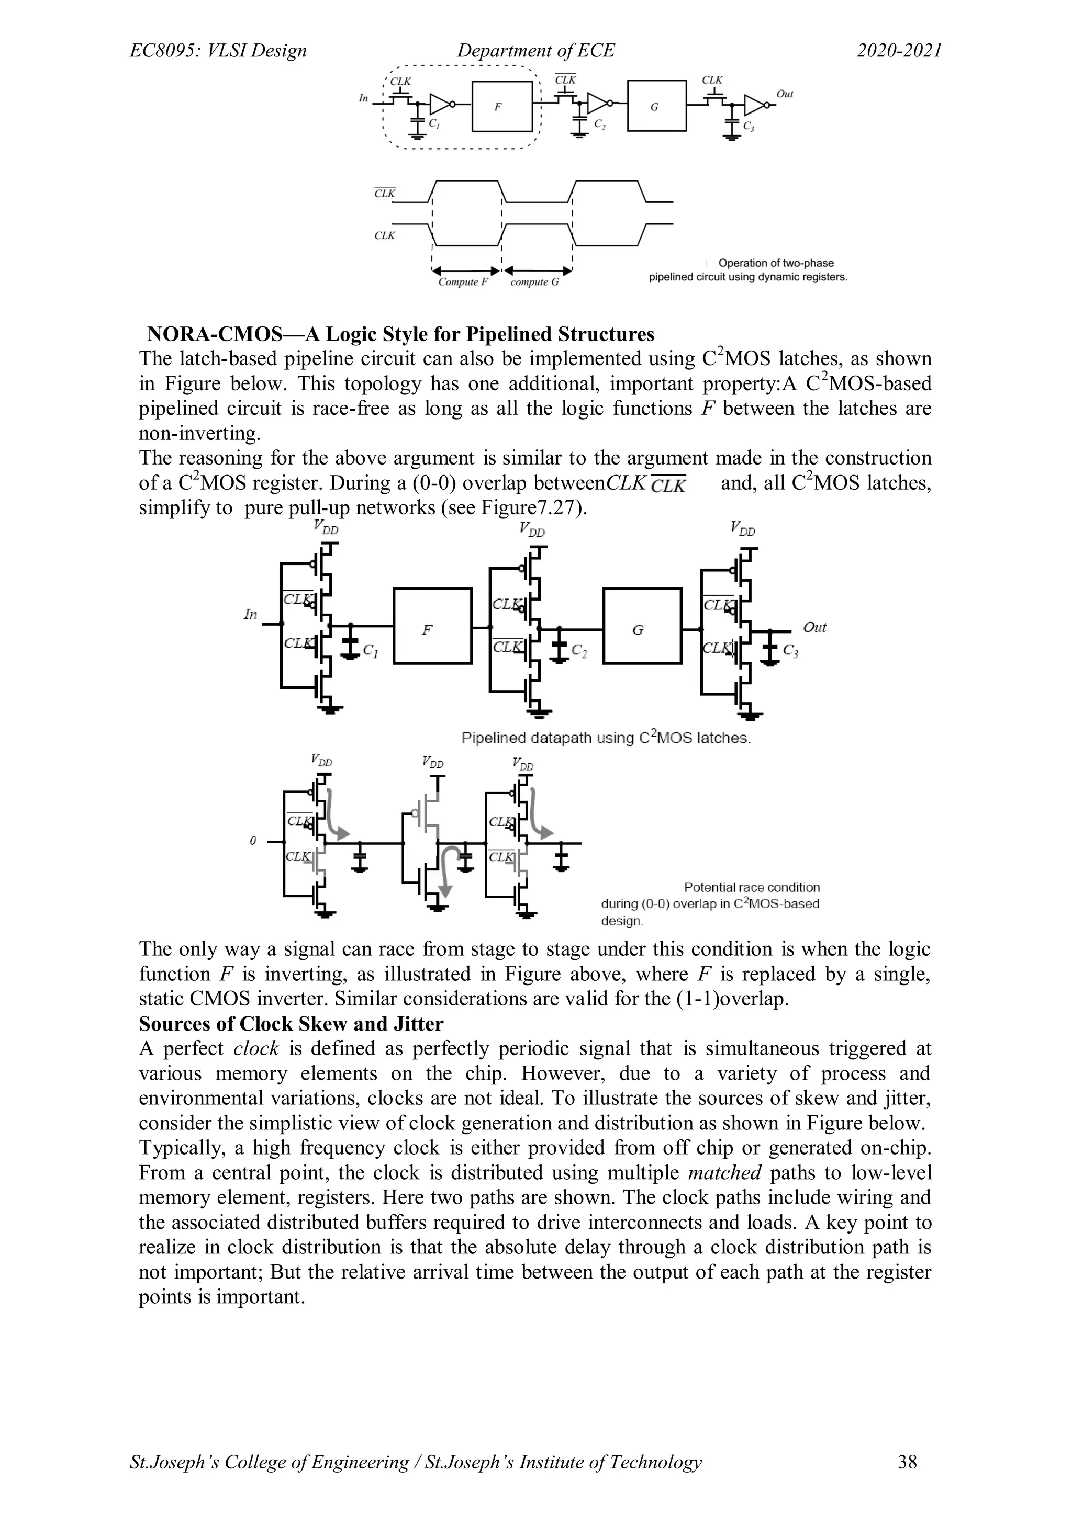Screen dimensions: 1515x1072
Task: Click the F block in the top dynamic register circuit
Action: click(x=501, y=106)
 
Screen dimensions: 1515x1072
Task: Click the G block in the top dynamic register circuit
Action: click(x=656, y=106)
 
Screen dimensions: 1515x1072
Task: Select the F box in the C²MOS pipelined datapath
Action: click(x=432, y=626)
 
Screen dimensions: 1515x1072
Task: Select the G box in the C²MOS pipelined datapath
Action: click(x=642, y=626)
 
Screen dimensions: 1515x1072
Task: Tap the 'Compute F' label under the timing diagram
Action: click(x=463, y=282)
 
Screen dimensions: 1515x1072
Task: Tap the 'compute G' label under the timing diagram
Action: click(x=534, y=282)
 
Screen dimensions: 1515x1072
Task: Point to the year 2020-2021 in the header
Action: click(x=899, y=51)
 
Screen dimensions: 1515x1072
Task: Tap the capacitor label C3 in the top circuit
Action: click(x=749, y=126)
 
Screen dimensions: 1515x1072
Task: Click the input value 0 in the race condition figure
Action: click(x=253, y=841)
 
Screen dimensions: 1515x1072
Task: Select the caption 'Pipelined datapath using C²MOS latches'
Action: click(x=605, y=738)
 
